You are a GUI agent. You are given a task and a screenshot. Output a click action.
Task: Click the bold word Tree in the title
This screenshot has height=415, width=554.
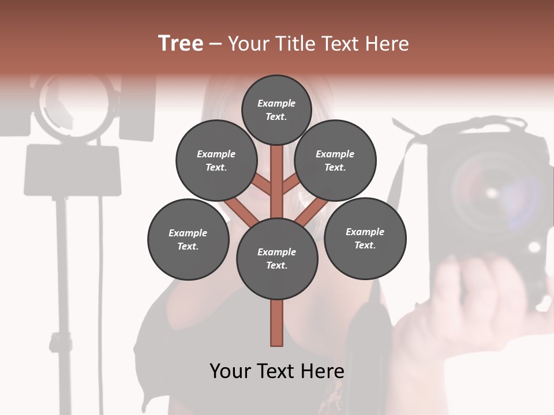coord(181,44)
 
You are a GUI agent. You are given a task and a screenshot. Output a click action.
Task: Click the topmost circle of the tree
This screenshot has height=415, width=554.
coord(276,110)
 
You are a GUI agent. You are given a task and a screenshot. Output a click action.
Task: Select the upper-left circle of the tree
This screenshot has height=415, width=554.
coord(216,160)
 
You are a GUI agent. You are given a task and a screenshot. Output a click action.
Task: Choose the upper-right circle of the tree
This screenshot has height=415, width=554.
coord(335,160)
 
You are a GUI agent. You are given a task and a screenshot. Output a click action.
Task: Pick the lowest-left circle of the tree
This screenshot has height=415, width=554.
coord(188,239)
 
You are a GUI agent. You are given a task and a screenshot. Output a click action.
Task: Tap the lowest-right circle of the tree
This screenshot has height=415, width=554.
coord(365,238)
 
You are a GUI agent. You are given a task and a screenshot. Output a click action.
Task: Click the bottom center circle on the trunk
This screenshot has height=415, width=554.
coord(277,258)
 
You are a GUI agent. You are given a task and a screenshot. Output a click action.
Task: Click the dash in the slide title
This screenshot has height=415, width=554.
coord(215,44)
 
